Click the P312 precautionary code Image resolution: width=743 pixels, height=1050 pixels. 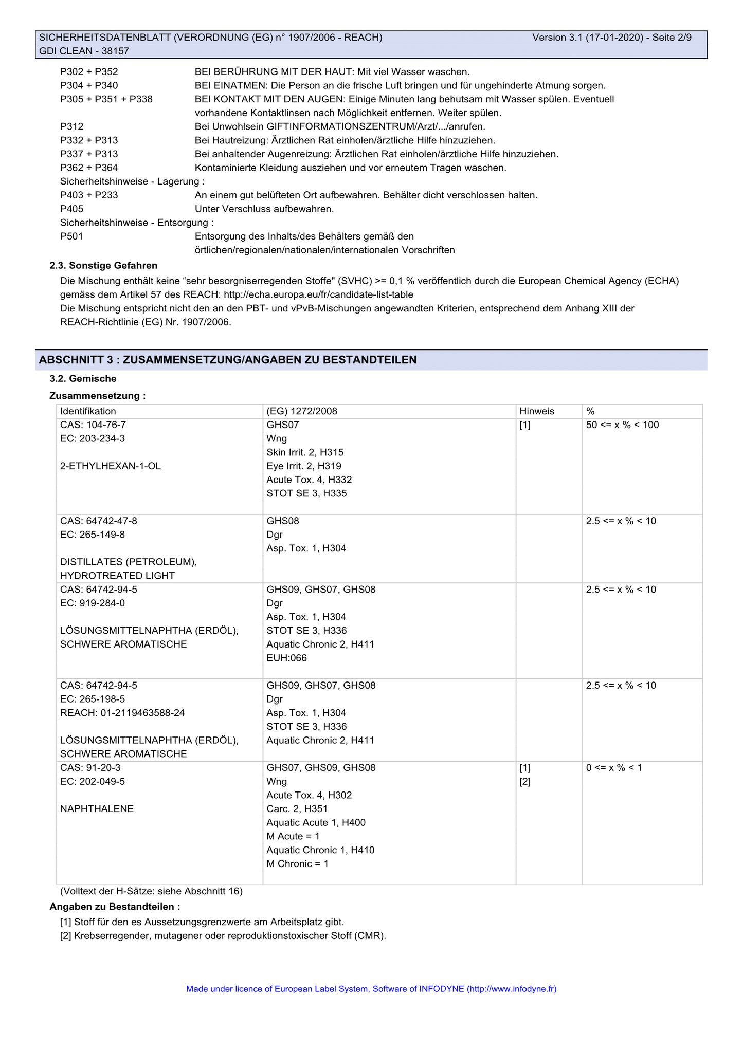(x=71, y=126)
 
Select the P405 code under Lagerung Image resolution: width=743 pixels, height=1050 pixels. (x=71, y=209)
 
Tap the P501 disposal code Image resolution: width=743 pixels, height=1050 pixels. (x=71, y=236)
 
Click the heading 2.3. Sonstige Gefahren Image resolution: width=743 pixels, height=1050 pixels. (x=103, y=265)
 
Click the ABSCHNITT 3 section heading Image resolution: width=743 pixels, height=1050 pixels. (x=228, y=360)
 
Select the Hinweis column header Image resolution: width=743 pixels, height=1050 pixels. (x=536, y=411)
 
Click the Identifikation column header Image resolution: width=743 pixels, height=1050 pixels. (x=88, y=411)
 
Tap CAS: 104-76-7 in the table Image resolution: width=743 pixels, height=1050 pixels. (x=93, y=425)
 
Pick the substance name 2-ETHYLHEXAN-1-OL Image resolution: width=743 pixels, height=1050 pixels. (x=111, y=466)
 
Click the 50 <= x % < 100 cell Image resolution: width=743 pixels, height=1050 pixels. (x=622, y=425)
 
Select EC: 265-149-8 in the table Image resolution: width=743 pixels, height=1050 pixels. (x=93, y=535)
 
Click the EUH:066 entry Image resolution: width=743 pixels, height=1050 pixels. (x=286, y=658)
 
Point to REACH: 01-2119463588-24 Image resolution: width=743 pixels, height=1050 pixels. (x=122, y=713)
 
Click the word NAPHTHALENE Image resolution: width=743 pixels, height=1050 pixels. (x=97, y=809)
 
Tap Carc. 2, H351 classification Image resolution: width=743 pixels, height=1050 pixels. (x=297, y=809)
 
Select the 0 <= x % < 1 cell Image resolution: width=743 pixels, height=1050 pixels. (x=614, y=768)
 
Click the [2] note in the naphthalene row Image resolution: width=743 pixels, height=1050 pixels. (x=524, y=782)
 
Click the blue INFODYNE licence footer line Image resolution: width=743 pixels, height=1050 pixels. (x=371, y=989)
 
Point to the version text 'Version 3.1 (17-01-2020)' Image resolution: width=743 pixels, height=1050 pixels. (x=588, y=38)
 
